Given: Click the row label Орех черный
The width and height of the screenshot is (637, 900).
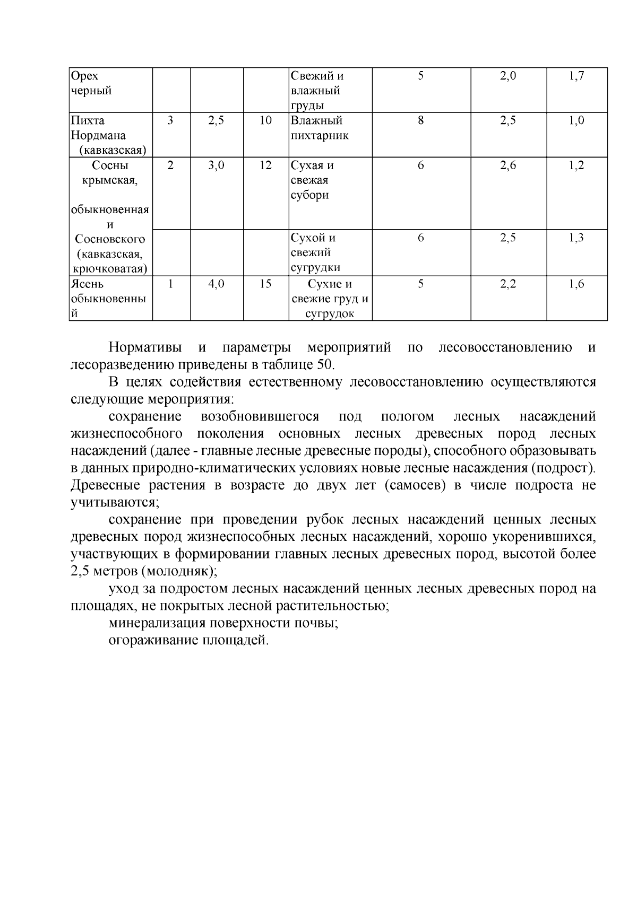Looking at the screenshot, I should (x=91, y=83).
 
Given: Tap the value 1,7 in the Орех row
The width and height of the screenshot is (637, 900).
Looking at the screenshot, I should (x=576, y=76).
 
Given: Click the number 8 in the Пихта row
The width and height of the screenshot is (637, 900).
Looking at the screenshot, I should (x=421, y=120).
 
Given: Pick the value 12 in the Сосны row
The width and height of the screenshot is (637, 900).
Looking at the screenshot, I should (x=265, y=165).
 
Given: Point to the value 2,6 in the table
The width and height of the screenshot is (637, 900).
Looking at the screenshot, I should (x=508, y=165).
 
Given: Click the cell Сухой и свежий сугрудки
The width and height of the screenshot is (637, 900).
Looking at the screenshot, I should (x=315, y=252).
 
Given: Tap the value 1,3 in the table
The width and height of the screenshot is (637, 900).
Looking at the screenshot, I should (x=576, y=238).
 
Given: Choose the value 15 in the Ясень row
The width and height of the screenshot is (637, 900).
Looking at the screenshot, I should (x=265, y=284).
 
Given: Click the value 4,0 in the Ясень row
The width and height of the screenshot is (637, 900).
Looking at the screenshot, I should (x=216, y=284).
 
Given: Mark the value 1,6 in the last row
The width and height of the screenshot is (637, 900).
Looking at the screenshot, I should (x=576, y=284).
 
